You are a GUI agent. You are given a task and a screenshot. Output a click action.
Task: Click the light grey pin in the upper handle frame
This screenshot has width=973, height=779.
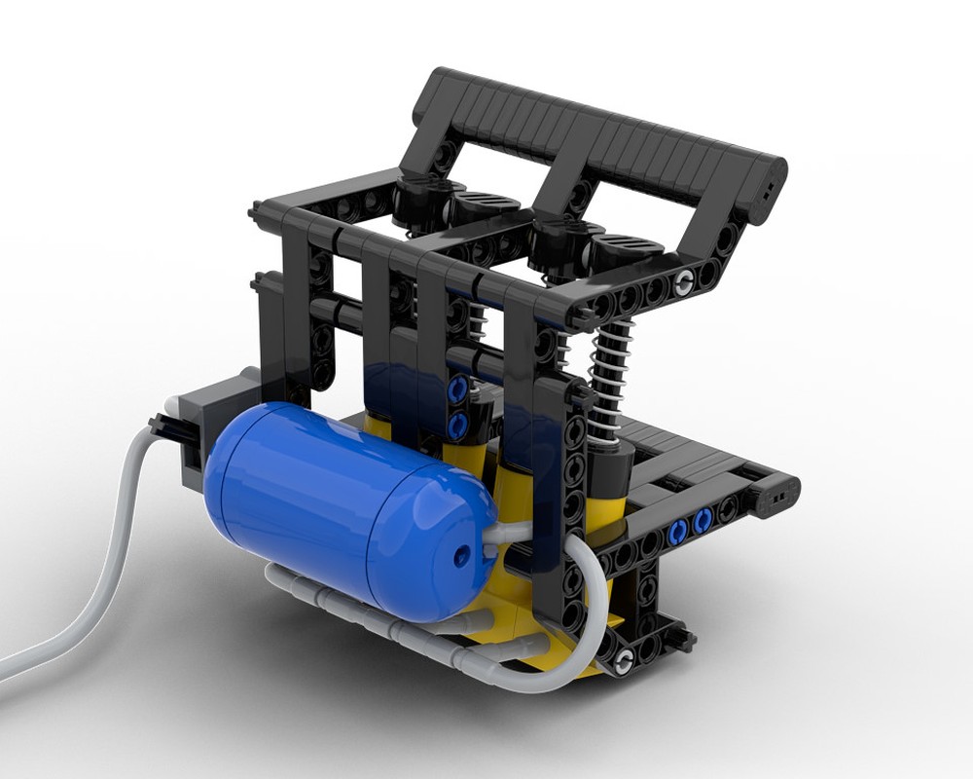[688, 282]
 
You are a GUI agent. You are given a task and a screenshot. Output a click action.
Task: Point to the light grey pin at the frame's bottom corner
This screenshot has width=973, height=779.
[621, 664]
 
